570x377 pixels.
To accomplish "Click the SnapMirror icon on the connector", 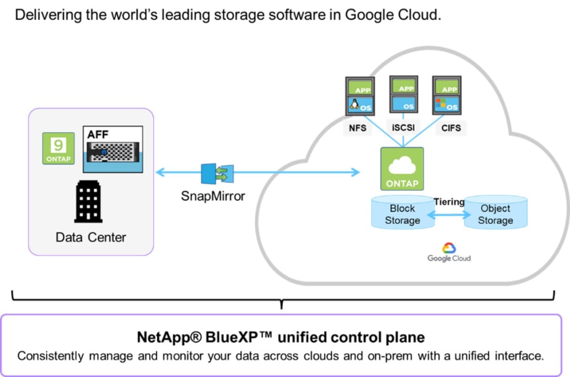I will (x=214, y=172).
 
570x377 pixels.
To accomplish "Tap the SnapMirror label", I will (x=214, y=197).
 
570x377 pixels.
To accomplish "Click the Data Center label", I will (x=90, y=237).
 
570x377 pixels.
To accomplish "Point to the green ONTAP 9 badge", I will (x=57, y=148).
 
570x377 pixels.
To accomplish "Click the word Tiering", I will (x=449, y=202).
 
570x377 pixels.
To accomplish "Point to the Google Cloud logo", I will (x=449, y=252).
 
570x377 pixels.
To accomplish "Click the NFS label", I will (x=356, y=129).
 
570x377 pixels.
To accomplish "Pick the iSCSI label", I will (x=403, y=129).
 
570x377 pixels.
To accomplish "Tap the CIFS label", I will (x=449, y=129).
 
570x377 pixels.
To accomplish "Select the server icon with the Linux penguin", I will (x=358, y=95).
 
